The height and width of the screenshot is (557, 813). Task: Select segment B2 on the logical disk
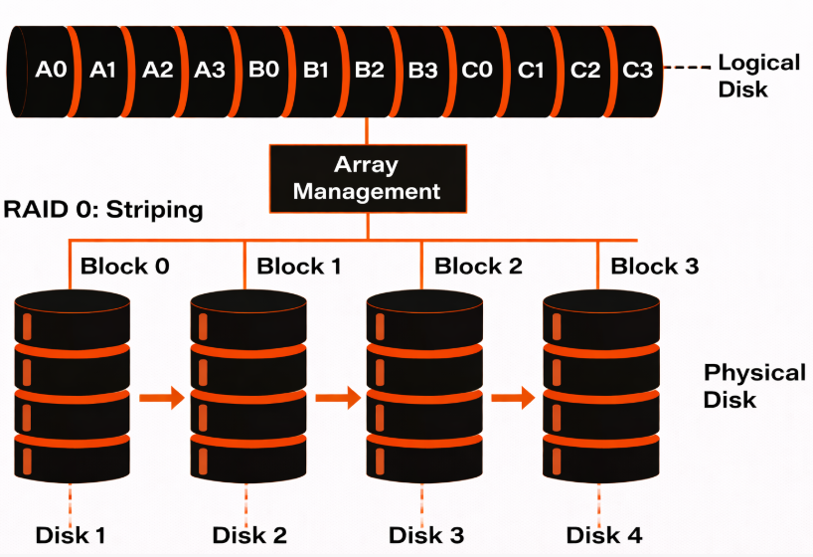(369, 71)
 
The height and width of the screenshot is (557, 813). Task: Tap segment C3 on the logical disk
(637, 71)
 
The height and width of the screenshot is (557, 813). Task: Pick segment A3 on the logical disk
(210, 71)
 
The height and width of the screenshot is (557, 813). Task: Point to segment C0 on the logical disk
(477, 71)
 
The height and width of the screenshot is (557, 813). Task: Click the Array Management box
(367, 177)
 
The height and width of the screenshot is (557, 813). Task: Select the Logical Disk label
(758, 76)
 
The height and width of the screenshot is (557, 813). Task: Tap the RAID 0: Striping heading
(103, 211)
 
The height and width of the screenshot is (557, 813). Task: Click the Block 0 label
(124, 267)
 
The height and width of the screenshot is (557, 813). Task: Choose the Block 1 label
(299, 267)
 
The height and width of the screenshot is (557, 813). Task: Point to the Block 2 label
(478, 267)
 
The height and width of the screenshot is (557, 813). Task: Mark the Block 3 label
(654, 267)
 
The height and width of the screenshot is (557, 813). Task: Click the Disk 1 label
(71, 534)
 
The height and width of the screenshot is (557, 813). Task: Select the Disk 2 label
(248, 534)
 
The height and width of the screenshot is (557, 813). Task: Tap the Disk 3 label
(424, 534)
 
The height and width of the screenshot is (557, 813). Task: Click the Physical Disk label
(754, 386)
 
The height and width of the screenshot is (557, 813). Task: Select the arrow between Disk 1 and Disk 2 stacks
(162, 398)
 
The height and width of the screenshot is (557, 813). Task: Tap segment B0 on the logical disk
(263, 71)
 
